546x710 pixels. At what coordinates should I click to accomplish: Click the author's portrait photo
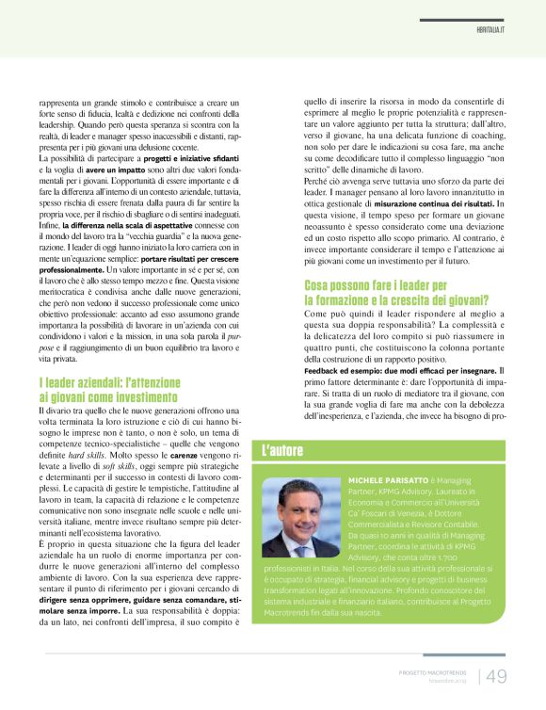coord(300,519)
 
